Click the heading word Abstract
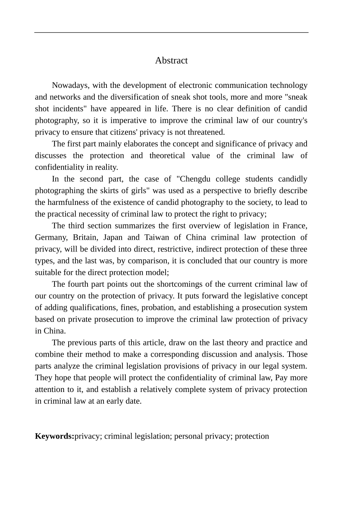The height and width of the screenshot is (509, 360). click(x=171, y=61)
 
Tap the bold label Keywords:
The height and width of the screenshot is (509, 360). click(x=55, y=436)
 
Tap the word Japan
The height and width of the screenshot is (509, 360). click(x=113, y=238)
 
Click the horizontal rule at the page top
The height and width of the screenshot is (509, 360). click(x=171, y=33)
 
